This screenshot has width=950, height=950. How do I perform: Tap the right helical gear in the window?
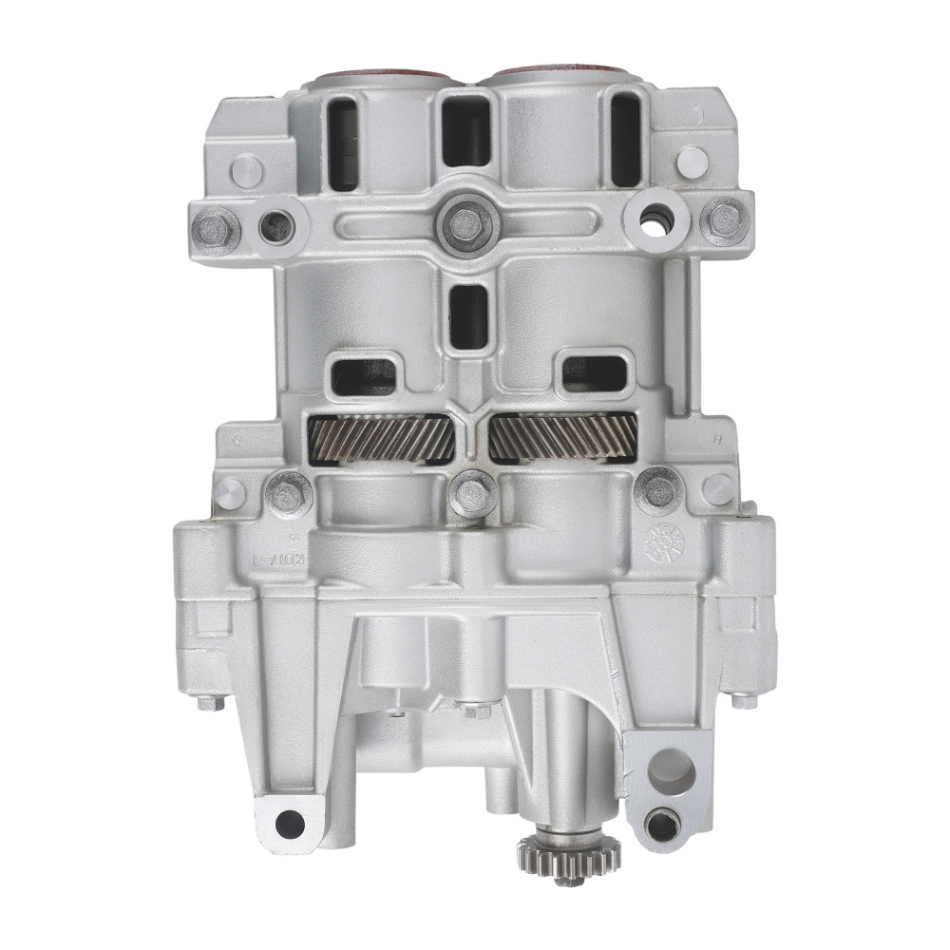(562, 440)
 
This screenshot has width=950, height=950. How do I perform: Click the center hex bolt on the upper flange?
(465, 224)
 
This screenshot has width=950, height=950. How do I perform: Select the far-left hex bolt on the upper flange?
(217, 227)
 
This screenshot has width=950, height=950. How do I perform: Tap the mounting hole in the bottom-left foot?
(290, 824)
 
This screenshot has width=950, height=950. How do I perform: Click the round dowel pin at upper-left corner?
(247, 170)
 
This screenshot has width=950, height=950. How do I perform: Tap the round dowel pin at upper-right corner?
(692, 161)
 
